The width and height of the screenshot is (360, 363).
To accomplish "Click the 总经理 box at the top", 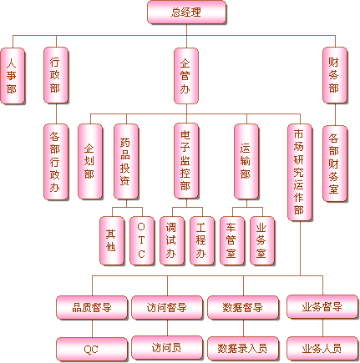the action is point(186,13).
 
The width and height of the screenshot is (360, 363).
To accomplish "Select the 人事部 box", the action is point(13,76).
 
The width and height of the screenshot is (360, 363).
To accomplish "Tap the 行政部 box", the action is point(56,75).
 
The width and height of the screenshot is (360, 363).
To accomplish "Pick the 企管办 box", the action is point(186,76).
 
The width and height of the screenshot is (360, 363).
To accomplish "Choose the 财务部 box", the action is point(335,75).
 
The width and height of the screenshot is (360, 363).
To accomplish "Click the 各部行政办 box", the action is point(56,162).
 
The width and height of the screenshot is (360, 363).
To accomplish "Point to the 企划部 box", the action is point(90,162).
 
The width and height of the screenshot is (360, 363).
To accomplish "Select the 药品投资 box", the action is point(126,162).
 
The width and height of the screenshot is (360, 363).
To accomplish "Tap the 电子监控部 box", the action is point(186,161).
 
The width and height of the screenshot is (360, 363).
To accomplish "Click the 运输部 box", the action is point(246,162).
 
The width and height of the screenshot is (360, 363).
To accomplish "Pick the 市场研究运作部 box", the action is point(300,173).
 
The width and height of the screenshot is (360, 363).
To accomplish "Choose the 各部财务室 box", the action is point(335,164).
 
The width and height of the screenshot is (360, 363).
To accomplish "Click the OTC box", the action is point(142,241).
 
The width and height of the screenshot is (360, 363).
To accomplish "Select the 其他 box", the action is point(112,241).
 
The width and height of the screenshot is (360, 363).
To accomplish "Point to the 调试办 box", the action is point(172,241).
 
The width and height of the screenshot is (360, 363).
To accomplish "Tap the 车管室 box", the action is point(232,241).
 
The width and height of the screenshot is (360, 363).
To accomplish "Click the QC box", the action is point(92,350).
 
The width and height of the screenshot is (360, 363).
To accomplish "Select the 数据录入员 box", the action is point(243,349).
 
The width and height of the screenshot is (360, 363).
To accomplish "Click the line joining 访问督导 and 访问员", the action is point(167,328).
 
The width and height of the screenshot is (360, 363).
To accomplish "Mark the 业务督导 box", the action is point(322,307).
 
